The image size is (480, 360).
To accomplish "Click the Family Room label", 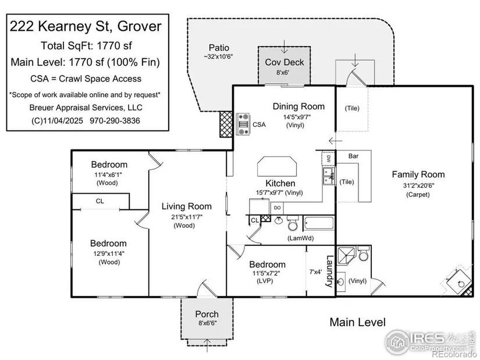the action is click(418, 174).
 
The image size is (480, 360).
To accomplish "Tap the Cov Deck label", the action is click(285, 62).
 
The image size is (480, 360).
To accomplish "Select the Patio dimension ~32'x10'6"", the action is click(219, 57).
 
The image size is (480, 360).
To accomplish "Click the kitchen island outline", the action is click(278, 166).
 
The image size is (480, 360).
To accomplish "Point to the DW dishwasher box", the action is click(329, 159).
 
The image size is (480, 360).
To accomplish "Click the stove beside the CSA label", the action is click(243, 124).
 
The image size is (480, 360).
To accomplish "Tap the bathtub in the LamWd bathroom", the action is click(319, 223).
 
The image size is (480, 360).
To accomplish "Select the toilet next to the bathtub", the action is click(293, 223).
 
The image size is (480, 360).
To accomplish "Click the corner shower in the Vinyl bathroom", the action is click(346, 256).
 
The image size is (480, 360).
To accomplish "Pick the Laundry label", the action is click(329, 272).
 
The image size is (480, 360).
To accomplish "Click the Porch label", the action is click(207, 314).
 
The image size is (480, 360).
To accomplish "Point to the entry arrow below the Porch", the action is click(208, 345).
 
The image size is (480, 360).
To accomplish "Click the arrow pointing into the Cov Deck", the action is click(285, 47).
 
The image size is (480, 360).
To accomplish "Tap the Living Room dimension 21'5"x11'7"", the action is click(187, 217).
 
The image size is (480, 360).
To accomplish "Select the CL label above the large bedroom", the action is click(100, 201).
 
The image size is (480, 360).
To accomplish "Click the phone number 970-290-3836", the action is click(115, 120).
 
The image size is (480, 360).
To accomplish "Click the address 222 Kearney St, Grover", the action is click(86, 26).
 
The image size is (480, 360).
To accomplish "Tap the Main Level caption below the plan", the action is click(358, 322).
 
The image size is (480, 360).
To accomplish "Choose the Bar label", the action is click(353, 156).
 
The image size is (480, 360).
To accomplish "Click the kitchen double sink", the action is click(329, 177).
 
